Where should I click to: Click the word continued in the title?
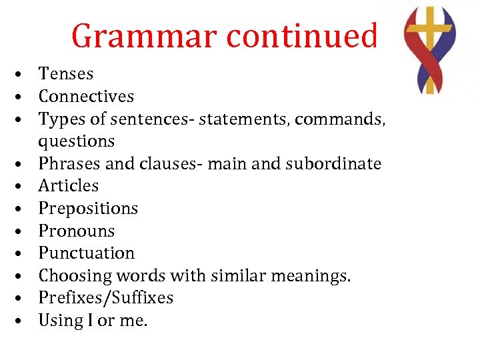pos(303,36)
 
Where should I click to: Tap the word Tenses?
pos(66,74)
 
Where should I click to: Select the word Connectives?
pos(86,97)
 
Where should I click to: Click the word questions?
pos(76,141)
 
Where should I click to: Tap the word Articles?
pos(68,186)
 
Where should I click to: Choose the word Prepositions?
pos(88,209)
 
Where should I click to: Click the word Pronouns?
pos(76,231)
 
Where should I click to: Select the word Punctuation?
pos(86,253)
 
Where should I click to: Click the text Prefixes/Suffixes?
pos(105,298)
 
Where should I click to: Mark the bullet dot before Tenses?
pos(23,75)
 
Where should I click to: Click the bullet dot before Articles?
pos(23,187)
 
